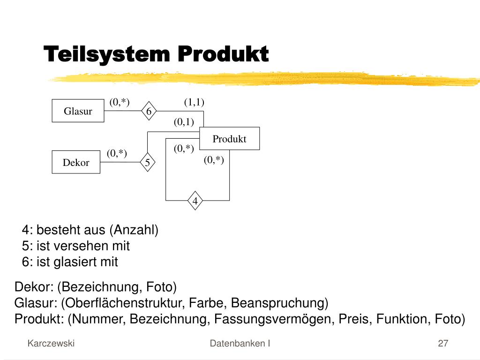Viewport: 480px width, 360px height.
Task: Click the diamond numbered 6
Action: coord(149,111)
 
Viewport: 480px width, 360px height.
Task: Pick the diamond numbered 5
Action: coord(147,162)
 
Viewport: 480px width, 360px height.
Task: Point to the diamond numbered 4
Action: coord(195,201)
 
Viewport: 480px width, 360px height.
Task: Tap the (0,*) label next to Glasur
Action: coord(120,102)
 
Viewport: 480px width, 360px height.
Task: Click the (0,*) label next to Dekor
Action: coord(117,153)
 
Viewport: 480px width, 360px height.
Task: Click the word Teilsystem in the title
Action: coord(106,54)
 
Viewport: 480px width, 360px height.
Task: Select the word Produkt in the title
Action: coord(223,54)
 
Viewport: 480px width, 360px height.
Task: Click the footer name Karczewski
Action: coord(51,343)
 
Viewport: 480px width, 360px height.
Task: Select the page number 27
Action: coord(443,343)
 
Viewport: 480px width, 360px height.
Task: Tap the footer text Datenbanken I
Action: coord(240,343)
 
